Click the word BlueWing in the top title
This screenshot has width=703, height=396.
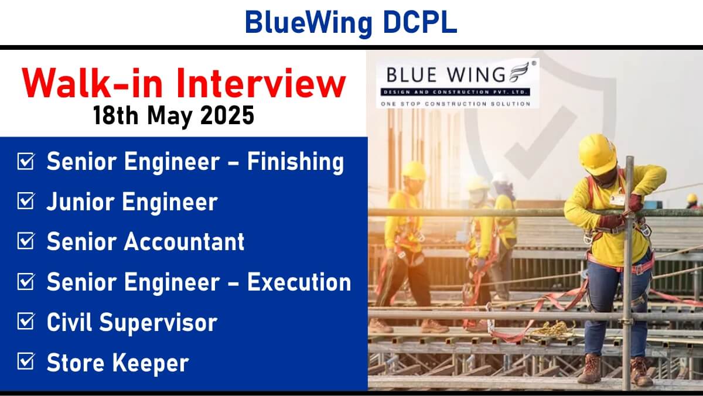[309, 23]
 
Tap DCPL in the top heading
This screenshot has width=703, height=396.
[420, 22]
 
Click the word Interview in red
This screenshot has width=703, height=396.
[261, 83]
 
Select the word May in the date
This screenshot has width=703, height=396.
[170, 117]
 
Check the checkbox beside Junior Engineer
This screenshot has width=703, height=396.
[26, 201]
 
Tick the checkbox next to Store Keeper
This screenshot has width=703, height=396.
[26, 361]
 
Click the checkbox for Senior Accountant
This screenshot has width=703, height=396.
[26, 241]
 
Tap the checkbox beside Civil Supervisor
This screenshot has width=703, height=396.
[26, 321]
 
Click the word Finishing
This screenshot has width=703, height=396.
[295, 162]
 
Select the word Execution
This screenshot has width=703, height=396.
[299, 282]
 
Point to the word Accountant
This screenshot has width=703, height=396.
[184, 241]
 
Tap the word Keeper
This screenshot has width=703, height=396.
[151, 363]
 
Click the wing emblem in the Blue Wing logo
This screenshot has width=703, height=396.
[520, 72]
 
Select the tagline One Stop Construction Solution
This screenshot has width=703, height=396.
[456, 104]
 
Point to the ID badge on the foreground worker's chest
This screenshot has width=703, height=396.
[617, 200]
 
